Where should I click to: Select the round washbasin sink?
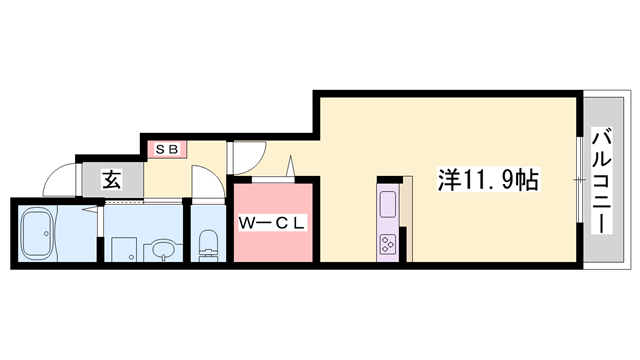161,249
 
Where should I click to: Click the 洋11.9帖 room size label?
489,180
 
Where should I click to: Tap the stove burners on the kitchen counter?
387,243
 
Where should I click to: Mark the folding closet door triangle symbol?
292,166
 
